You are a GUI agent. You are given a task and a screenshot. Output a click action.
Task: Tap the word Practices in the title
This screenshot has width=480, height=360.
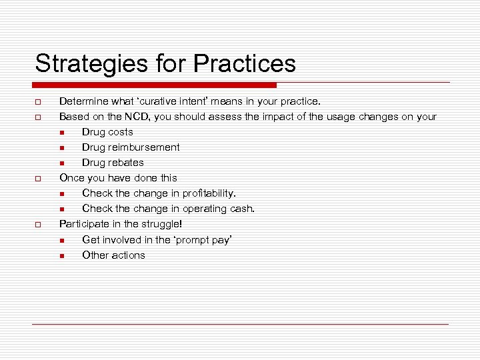(x=245, y=64)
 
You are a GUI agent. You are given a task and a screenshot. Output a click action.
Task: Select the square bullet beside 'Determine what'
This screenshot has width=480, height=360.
(x=39, y=102)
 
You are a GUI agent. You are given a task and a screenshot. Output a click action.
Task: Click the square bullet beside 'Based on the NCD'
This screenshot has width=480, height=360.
(x=39, y=117)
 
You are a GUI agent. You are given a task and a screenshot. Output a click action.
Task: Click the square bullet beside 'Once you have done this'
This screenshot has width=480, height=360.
(x=39, y=179)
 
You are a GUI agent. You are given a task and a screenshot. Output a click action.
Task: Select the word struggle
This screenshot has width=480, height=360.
(x=159, y=224)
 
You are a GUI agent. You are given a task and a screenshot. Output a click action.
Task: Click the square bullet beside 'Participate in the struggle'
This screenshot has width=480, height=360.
(x=39, y=225)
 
